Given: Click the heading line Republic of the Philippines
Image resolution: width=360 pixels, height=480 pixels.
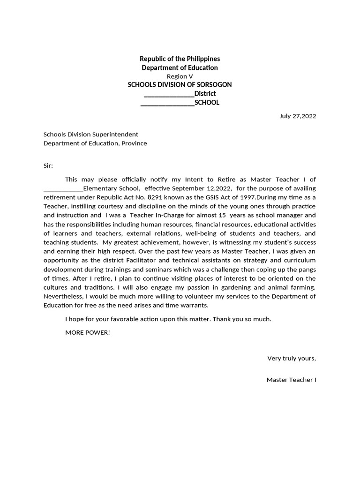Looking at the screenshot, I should point(180,59).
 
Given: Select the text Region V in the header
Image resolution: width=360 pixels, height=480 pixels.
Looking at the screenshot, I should point(180,76).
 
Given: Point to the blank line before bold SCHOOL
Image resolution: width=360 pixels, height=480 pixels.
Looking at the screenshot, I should point(167,103).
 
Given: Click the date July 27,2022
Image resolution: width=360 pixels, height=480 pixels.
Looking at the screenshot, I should point(298,116).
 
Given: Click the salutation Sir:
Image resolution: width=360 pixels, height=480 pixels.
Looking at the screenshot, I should point(48,165).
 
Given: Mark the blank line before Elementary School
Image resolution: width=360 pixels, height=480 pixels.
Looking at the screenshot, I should point(63,189).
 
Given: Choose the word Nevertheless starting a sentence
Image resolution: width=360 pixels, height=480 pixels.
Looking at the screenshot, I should point(63,296).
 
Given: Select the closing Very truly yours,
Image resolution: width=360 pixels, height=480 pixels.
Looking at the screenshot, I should point(292,359).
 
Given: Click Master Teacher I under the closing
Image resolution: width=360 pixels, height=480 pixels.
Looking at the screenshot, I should point(291,380).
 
